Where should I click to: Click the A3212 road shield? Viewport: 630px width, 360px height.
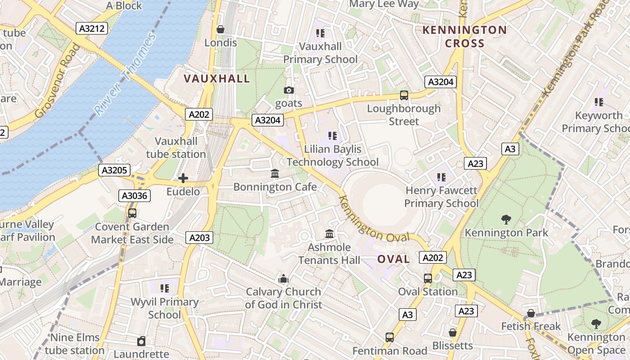(x=92, y=29)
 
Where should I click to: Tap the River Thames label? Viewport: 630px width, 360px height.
(x=125, y=74)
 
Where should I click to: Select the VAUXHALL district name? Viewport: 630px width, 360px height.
(x=216, y=79)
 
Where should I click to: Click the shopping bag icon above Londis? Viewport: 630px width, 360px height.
(x=220, y=29)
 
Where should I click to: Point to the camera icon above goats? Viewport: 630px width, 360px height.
(x=289, y=90)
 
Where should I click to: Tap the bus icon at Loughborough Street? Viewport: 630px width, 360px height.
(x=404, y=95)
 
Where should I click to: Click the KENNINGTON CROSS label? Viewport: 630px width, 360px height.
(x=464, y=37)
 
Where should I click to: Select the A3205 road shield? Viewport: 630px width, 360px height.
(x=115, y=170)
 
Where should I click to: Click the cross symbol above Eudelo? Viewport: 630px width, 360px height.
(x=183, y=178)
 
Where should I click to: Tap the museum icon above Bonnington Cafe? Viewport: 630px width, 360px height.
(x=275, y=174)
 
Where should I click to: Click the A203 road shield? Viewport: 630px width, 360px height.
(x=199, y=238)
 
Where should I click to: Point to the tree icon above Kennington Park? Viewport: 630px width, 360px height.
(x=506, y=220)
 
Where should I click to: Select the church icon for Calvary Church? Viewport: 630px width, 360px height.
(x=283, y=279)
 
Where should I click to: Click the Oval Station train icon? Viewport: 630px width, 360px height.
(x=428, y=278)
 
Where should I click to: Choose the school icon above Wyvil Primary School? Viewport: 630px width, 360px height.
(x=165, y=288)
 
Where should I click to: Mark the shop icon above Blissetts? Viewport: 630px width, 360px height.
(x=453, y=333)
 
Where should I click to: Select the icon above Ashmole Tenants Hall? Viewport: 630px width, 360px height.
(x=329, y=234)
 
